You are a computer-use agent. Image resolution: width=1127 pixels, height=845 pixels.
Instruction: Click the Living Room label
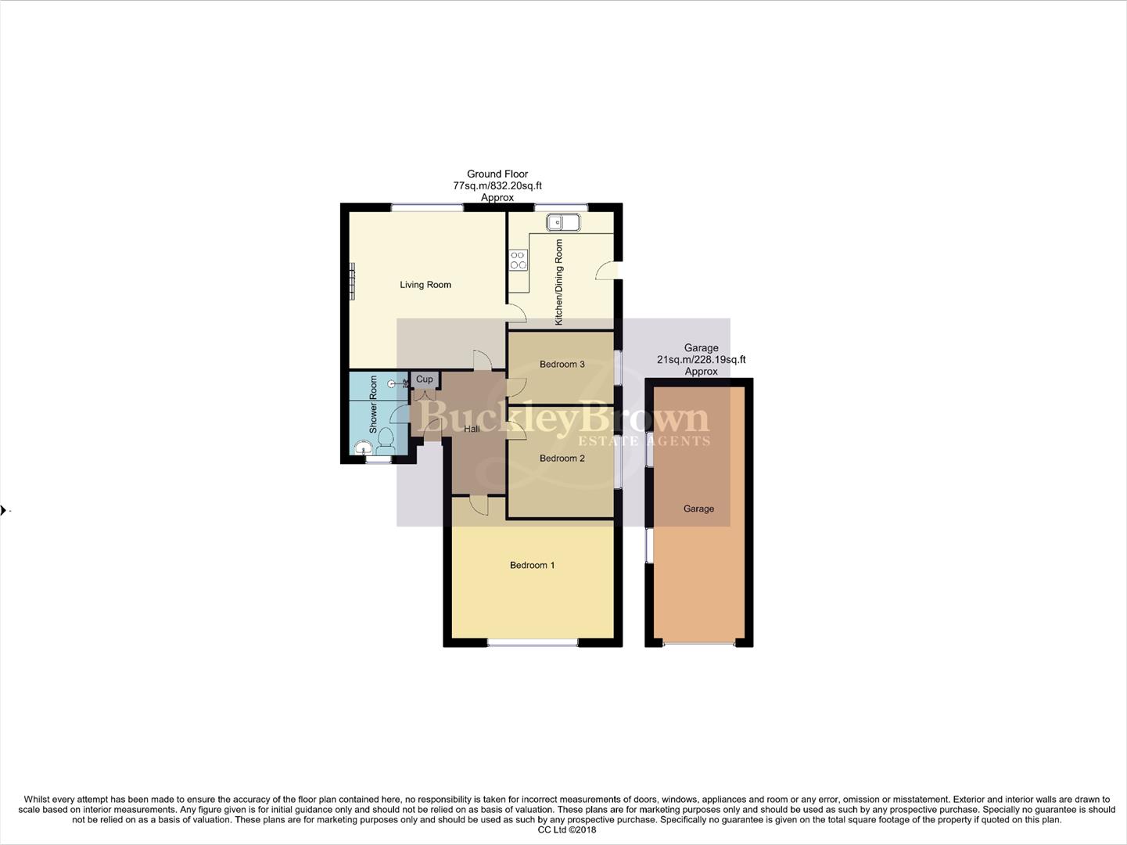pos(425,285)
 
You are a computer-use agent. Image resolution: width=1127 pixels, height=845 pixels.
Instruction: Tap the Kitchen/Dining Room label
pos(558,282)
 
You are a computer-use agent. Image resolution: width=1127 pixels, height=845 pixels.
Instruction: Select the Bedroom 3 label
pos(562,364)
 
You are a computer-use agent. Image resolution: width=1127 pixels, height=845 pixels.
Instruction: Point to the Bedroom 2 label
pos(562,458)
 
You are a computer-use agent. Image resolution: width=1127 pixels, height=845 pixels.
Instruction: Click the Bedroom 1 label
pos(532,565)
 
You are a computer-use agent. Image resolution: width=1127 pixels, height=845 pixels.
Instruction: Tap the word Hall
pos(472,429)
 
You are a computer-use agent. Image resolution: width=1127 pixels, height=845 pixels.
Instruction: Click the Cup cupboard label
pos(424,379)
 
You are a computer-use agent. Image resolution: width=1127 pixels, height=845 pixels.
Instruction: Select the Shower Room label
pos(373,405)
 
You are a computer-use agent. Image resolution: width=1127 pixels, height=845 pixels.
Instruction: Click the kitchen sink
pos(563,223)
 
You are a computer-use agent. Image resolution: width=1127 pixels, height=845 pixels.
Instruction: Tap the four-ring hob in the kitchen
pos(518,260)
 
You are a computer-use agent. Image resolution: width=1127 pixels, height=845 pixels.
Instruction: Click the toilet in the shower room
pos(386,442)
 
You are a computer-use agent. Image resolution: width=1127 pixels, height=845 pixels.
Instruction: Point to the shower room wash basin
pos(363,448)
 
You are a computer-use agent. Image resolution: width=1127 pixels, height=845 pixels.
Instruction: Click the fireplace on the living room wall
pos(353,281)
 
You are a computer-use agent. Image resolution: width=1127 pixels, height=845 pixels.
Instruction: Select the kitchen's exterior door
pos(607,271)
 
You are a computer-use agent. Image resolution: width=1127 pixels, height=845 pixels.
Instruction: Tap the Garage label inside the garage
pos(698,509)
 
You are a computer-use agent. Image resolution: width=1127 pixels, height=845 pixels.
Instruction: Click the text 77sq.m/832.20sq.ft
pos(497,186)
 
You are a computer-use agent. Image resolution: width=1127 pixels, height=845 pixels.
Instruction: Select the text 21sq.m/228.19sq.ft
pos(701,360)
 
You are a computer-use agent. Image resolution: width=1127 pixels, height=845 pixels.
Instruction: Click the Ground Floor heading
pos(497,174)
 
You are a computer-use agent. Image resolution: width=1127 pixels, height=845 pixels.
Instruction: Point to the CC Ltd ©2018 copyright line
pos(567,830)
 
